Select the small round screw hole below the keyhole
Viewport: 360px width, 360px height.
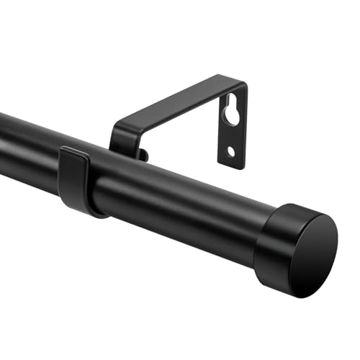pyautogui.click(x=230, y=151)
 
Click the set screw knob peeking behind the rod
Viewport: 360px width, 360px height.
pyautogui.click(x=143, y=154)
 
